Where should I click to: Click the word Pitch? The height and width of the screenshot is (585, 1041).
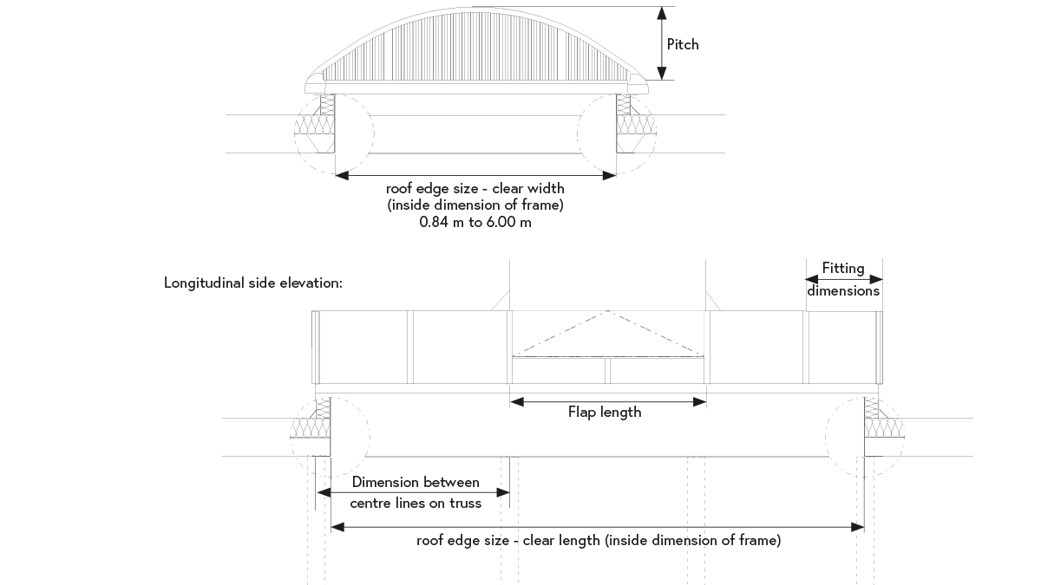pos(682,44)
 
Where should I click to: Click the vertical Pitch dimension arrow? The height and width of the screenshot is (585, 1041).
pos(662,43)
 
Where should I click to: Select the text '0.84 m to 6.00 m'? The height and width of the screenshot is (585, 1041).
pos(475,222)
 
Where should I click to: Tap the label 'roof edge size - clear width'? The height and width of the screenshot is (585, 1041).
pos(475,188)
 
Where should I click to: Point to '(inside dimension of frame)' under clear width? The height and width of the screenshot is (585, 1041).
pos(475,205)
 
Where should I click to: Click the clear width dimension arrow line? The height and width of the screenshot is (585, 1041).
pos(475,175)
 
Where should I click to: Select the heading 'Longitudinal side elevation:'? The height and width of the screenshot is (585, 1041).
pos(253,283)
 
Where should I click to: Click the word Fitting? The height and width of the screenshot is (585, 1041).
pos(844,269)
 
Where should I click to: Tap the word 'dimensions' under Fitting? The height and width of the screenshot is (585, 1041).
pos(844,291)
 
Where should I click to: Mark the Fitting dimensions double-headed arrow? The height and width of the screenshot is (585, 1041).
pos(844,279)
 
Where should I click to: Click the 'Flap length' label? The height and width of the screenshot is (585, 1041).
pos(605,413)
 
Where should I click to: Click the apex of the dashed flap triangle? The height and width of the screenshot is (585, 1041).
pos(608,311)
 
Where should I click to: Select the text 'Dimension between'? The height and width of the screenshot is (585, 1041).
pos(416,482)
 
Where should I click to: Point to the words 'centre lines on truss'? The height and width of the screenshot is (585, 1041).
pos(416,503)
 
